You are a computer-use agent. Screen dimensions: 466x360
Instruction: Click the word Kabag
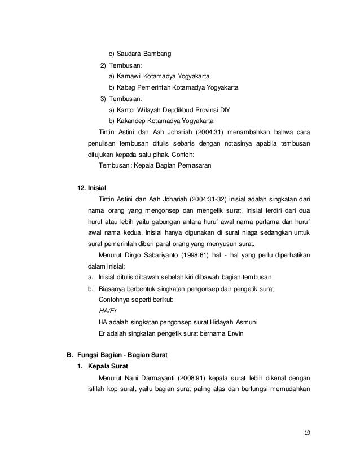pyautogui.click(x=126, y=88)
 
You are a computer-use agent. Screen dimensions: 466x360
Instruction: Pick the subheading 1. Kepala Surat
pyautogui.click(x=100, y=367)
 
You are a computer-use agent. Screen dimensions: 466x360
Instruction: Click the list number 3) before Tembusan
pyautogui.click(x=103, y=99)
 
